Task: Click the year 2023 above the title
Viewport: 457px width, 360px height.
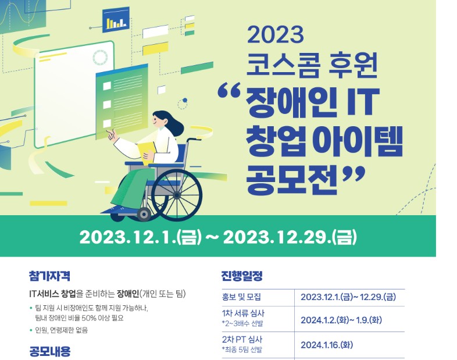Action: tap(276, 35)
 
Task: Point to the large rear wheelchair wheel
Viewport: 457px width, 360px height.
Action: tap(177, 195)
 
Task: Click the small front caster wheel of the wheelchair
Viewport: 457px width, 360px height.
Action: tap(144, 215)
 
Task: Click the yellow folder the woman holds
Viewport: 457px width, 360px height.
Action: tap(148, 152)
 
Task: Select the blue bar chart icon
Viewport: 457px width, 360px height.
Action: tap(116, 20)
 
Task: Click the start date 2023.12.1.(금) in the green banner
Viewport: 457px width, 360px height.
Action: tap(141, 237)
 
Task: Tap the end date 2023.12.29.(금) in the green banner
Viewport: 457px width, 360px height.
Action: tap(290, 237)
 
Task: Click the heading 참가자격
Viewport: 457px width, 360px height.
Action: tap(49, 276)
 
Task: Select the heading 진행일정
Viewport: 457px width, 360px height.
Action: tap(242, 276)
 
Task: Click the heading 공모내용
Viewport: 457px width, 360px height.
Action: tap(50, 351)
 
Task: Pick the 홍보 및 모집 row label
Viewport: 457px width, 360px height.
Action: tap(241, 297)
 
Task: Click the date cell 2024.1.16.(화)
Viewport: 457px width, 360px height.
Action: tap(327, 345)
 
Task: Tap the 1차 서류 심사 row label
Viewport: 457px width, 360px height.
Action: tap(243, 313)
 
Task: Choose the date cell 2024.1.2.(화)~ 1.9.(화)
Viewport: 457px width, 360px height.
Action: tap(341, 320)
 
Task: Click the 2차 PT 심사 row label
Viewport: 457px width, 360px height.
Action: tap(242, 339)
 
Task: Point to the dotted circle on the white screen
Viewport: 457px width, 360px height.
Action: tap(100, 58)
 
